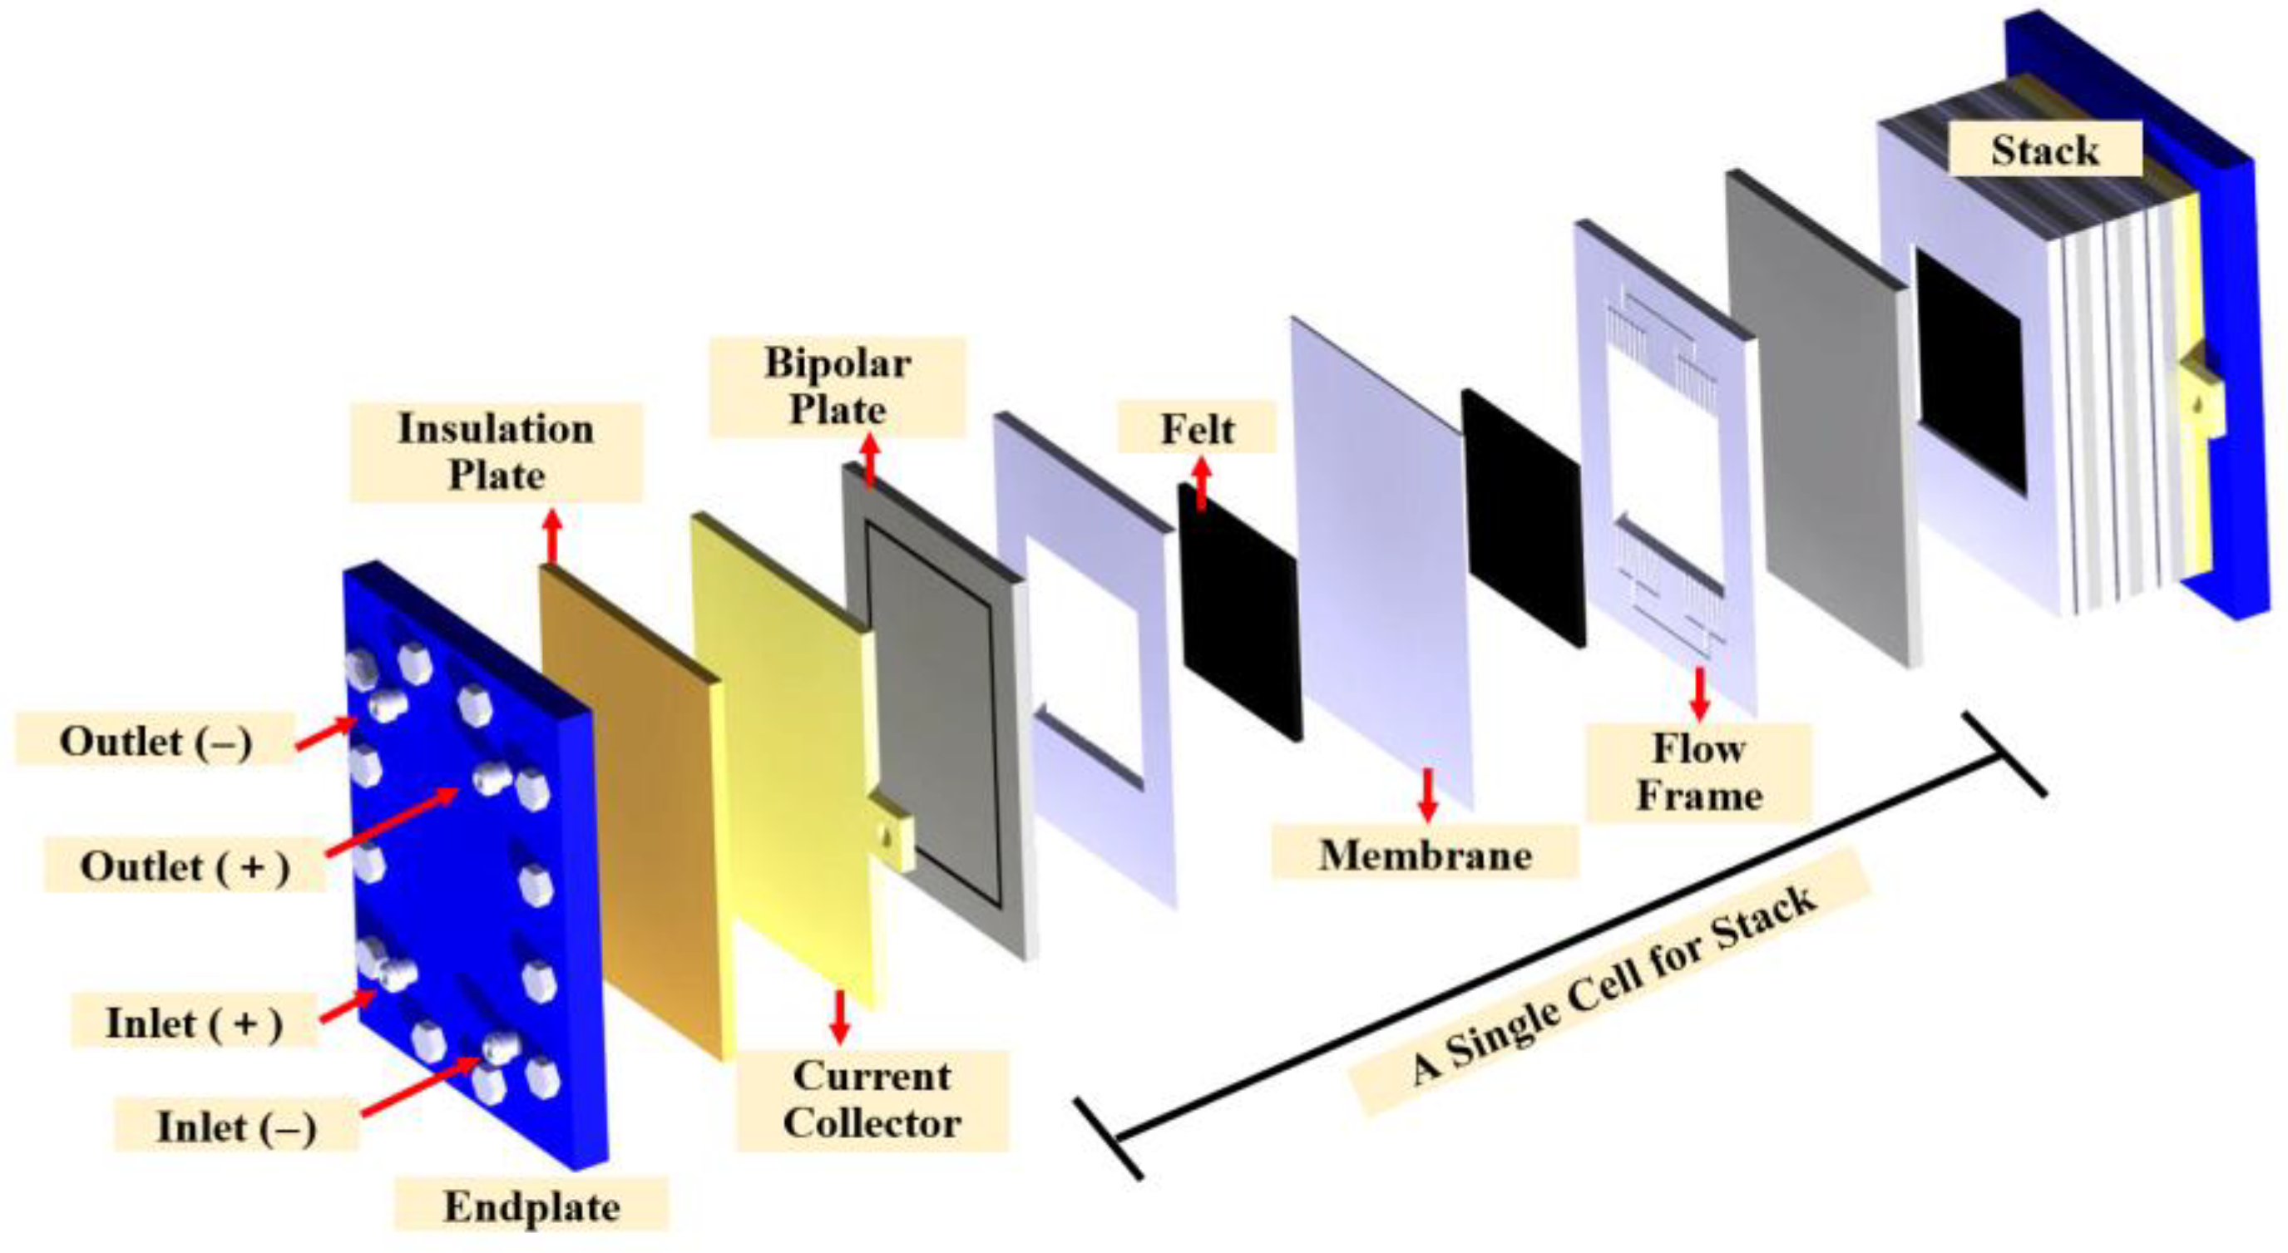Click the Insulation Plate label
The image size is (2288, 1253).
pos(496,452)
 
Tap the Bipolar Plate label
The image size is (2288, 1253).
pos(838,387)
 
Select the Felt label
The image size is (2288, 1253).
pos(1198,430)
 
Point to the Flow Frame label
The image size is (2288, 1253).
pos(1698,772)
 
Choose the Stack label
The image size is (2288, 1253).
pos(2044,149)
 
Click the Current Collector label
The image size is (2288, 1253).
pos(872,1099)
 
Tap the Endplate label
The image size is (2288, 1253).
pos(531,1206)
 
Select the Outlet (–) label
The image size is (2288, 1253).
pos(156,740)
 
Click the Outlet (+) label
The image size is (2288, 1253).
pos(185,866)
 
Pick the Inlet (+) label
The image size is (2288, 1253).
pos(194,1022)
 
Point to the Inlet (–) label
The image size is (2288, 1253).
pos(236,1127)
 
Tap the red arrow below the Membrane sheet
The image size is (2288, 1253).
pos(1427,794)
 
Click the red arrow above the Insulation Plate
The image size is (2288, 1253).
pos(552,535)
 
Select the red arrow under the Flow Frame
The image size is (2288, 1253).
pos(1699,693)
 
